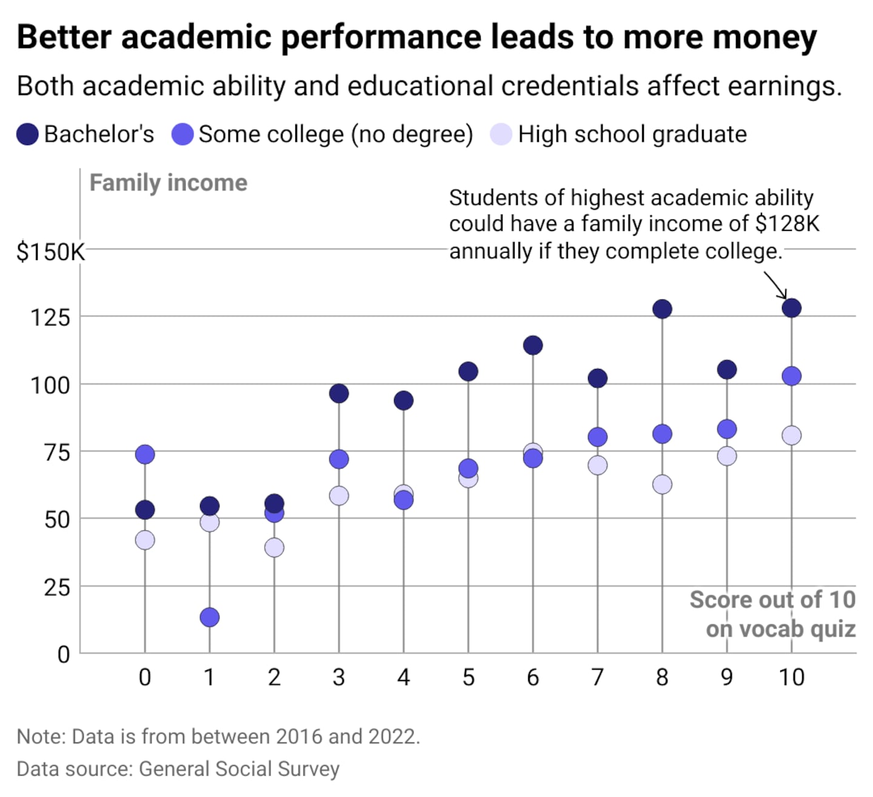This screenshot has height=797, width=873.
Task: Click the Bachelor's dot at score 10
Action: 791,308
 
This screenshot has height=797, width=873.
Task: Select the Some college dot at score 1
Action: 209,617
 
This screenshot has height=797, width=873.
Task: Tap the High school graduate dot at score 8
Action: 662,484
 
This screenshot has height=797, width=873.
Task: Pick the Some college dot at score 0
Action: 145,454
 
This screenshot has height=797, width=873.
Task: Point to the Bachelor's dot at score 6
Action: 532,345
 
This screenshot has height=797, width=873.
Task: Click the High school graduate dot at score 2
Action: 274,547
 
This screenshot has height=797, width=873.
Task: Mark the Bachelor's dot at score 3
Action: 339,393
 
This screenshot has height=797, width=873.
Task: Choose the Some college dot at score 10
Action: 791,376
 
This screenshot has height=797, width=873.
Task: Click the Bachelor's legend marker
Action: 28,135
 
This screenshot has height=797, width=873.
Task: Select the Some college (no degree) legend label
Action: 336,135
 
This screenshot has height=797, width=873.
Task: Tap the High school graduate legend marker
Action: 501,135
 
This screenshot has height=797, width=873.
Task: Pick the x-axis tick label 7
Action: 597,677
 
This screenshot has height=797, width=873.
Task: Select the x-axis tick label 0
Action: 145,677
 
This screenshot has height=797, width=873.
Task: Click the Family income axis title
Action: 169,183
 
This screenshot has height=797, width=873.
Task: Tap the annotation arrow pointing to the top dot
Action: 775,284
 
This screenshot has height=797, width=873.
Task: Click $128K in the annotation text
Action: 787,224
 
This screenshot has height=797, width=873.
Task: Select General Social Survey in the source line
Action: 239,769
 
